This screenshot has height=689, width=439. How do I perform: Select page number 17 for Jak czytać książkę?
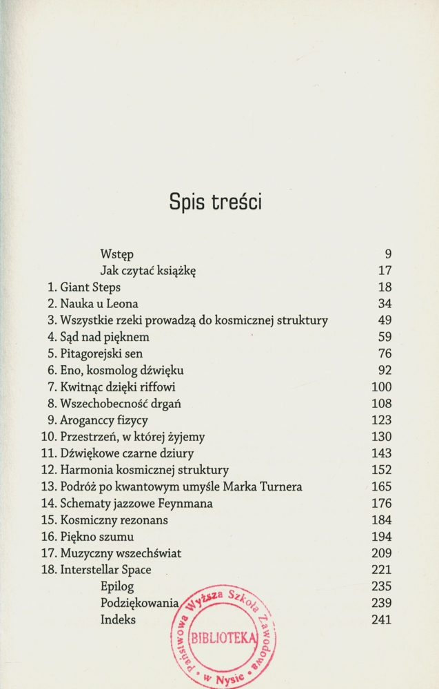(385, 270)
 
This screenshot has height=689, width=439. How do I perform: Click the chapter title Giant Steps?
(90, 287)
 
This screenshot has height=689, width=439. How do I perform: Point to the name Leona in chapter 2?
(122, 303)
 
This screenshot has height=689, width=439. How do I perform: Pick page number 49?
(385, 320)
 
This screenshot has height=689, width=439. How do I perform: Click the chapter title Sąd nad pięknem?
(105, 337)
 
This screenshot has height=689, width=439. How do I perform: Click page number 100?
(381, 387)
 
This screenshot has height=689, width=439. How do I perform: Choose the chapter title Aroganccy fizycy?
(104, 420)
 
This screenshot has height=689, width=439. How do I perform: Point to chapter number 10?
(48, 436)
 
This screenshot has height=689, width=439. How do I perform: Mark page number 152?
(381, 470)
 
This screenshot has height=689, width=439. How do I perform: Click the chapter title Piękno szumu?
(96, 537)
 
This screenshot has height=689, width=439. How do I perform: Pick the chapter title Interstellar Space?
(105, 570)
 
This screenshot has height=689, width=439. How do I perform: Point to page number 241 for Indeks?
(381, 619)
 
